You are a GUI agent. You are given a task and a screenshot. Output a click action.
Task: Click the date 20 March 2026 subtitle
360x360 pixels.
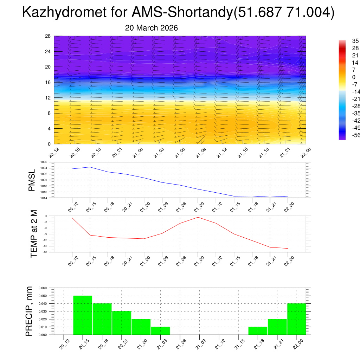[x=152, y=28]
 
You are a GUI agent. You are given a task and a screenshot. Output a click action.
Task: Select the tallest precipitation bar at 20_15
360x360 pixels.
[x=83, y=315]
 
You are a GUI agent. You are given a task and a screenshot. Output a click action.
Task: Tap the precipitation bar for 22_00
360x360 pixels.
[x=297, y=319]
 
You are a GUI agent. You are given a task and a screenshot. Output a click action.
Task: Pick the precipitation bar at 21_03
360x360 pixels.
[x=160, y=331]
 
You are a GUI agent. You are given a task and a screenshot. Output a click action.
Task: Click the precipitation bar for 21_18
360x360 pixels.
[x=258, y=331]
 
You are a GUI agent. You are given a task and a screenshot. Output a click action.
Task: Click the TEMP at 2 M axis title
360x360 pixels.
[x=34, y=234]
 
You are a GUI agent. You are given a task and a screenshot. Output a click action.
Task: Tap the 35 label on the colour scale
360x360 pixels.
[x=355, y=41]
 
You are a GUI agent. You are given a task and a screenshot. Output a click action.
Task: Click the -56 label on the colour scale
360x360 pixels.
[x=355, y=135]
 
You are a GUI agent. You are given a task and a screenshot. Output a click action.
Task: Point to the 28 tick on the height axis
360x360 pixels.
[x=48, y=36]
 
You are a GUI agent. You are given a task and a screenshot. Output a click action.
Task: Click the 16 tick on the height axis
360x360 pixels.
[x=48, y=82]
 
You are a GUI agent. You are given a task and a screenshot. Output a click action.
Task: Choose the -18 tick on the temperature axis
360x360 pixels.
[x=45, y=252]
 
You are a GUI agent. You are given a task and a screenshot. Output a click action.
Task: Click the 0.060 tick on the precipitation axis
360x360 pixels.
[x=42, y=288]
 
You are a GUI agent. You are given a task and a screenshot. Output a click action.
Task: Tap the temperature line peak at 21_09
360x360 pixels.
[x=198, y=217]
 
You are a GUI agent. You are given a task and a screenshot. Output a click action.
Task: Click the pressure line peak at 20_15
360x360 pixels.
[x=90, y=167]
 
